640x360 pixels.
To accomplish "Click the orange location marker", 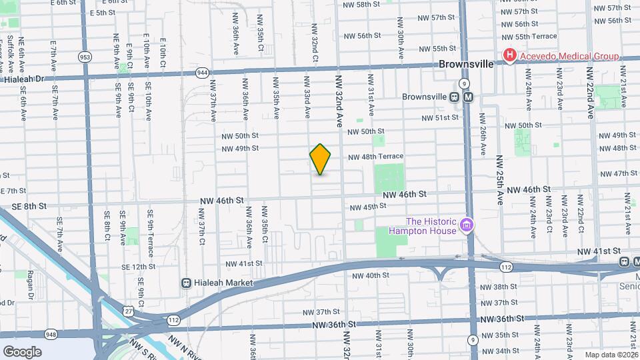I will click(320, 159).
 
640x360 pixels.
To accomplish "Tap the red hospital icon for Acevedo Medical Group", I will click(510, 56).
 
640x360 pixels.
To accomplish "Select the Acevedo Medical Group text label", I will click(569, 56).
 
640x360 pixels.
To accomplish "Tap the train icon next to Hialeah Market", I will click(188, 283).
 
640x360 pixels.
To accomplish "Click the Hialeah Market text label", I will click(225, 283).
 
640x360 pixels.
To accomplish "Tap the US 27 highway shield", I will click(127, 309).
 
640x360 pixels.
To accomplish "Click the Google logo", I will click(22, 351).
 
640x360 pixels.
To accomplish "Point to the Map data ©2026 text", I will click(611, 355).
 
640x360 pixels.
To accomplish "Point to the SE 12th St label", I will click(135, 267).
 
